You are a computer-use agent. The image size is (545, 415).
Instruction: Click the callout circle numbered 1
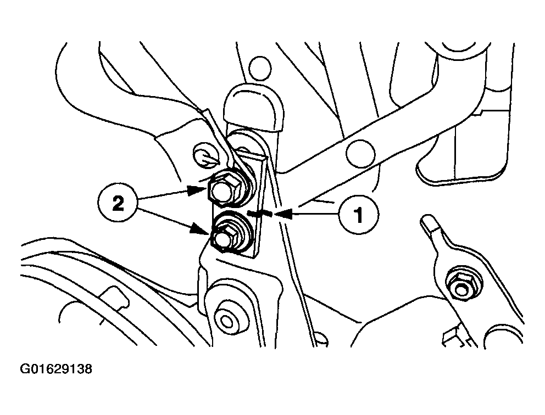[359, 215]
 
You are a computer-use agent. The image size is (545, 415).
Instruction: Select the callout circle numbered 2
[118, 204]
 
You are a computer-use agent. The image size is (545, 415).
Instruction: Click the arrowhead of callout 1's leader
[283, 215]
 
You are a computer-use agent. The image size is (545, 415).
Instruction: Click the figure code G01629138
[56, 368]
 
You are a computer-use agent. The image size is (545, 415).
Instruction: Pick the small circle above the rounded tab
[260, 66]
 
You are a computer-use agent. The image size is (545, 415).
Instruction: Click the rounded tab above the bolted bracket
[253, 108]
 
